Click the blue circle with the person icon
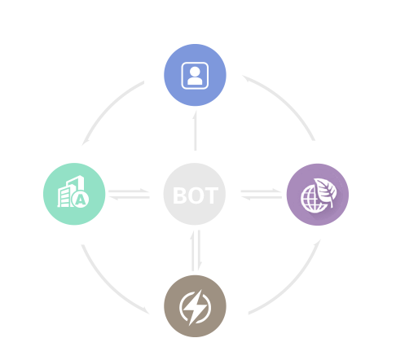tap(195, 75)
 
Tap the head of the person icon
tap(195, 72)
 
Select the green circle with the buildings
tap(74, 194)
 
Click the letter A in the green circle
tap(81, 200)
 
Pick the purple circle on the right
tap(318, 195)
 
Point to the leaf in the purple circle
tap(326, 191)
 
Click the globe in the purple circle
tap(312, 200)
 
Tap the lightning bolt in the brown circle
tap(195, 307)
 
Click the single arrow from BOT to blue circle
tap(196, 130)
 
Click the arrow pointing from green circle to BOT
tap(129, 191)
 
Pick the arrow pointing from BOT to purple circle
tap(262, 191)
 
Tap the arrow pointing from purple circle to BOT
tap(262, 197)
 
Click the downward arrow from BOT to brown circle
tap(200, 250)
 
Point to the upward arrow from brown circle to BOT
tap(192, 251)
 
